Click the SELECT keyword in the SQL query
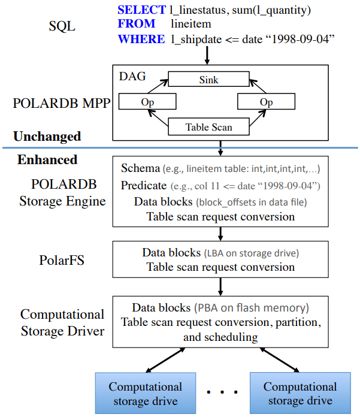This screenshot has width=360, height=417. click(141, 10)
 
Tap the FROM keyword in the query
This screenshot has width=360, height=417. click(137, 24)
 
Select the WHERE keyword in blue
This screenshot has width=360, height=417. click(141, 39)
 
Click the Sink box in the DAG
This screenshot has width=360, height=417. click(208, 79)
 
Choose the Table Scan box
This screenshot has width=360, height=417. click(208, 127)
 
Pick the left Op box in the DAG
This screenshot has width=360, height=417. click(147, 102)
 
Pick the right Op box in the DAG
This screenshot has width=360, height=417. click(266, 102)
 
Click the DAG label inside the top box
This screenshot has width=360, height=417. click(133, 77)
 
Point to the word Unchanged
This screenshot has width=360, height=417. click(47, 137)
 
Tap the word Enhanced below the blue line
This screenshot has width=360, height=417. click(47, 159)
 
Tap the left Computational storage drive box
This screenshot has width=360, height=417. click(145, 393)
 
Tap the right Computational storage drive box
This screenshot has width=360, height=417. click(300, 393)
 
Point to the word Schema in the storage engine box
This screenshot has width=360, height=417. click(140, 168)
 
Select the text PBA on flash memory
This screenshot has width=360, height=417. click(251, 308)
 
